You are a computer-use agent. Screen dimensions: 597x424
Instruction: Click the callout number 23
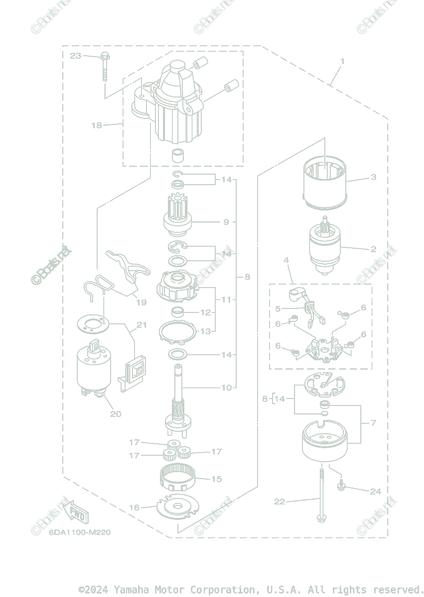(75, 56)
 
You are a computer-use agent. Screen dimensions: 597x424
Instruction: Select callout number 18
(96, 125)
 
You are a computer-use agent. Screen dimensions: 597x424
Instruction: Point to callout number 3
(373, 177)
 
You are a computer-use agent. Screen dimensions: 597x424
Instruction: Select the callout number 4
(286, 260)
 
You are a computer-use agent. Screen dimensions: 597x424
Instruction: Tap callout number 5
(278, 309)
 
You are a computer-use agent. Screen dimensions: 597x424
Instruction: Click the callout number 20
(116, 413)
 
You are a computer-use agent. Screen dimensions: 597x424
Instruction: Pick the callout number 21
(141, 325)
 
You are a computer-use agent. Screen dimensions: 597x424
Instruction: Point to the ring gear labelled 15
(177, 478)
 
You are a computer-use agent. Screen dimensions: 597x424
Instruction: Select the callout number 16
(135, 507)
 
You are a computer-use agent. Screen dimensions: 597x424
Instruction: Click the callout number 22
(280, 501)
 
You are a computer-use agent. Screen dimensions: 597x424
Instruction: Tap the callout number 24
(375, 492)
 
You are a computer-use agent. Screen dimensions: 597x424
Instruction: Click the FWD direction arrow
(75, 511)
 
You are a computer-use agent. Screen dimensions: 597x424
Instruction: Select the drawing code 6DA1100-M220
(80, 532)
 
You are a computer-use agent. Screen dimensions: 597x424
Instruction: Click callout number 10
(227, 388)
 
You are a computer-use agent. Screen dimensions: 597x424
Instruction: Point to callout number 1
(342, 61)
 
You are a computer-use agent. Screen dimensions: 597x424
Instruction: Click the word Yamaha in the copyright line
(132, 590)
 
